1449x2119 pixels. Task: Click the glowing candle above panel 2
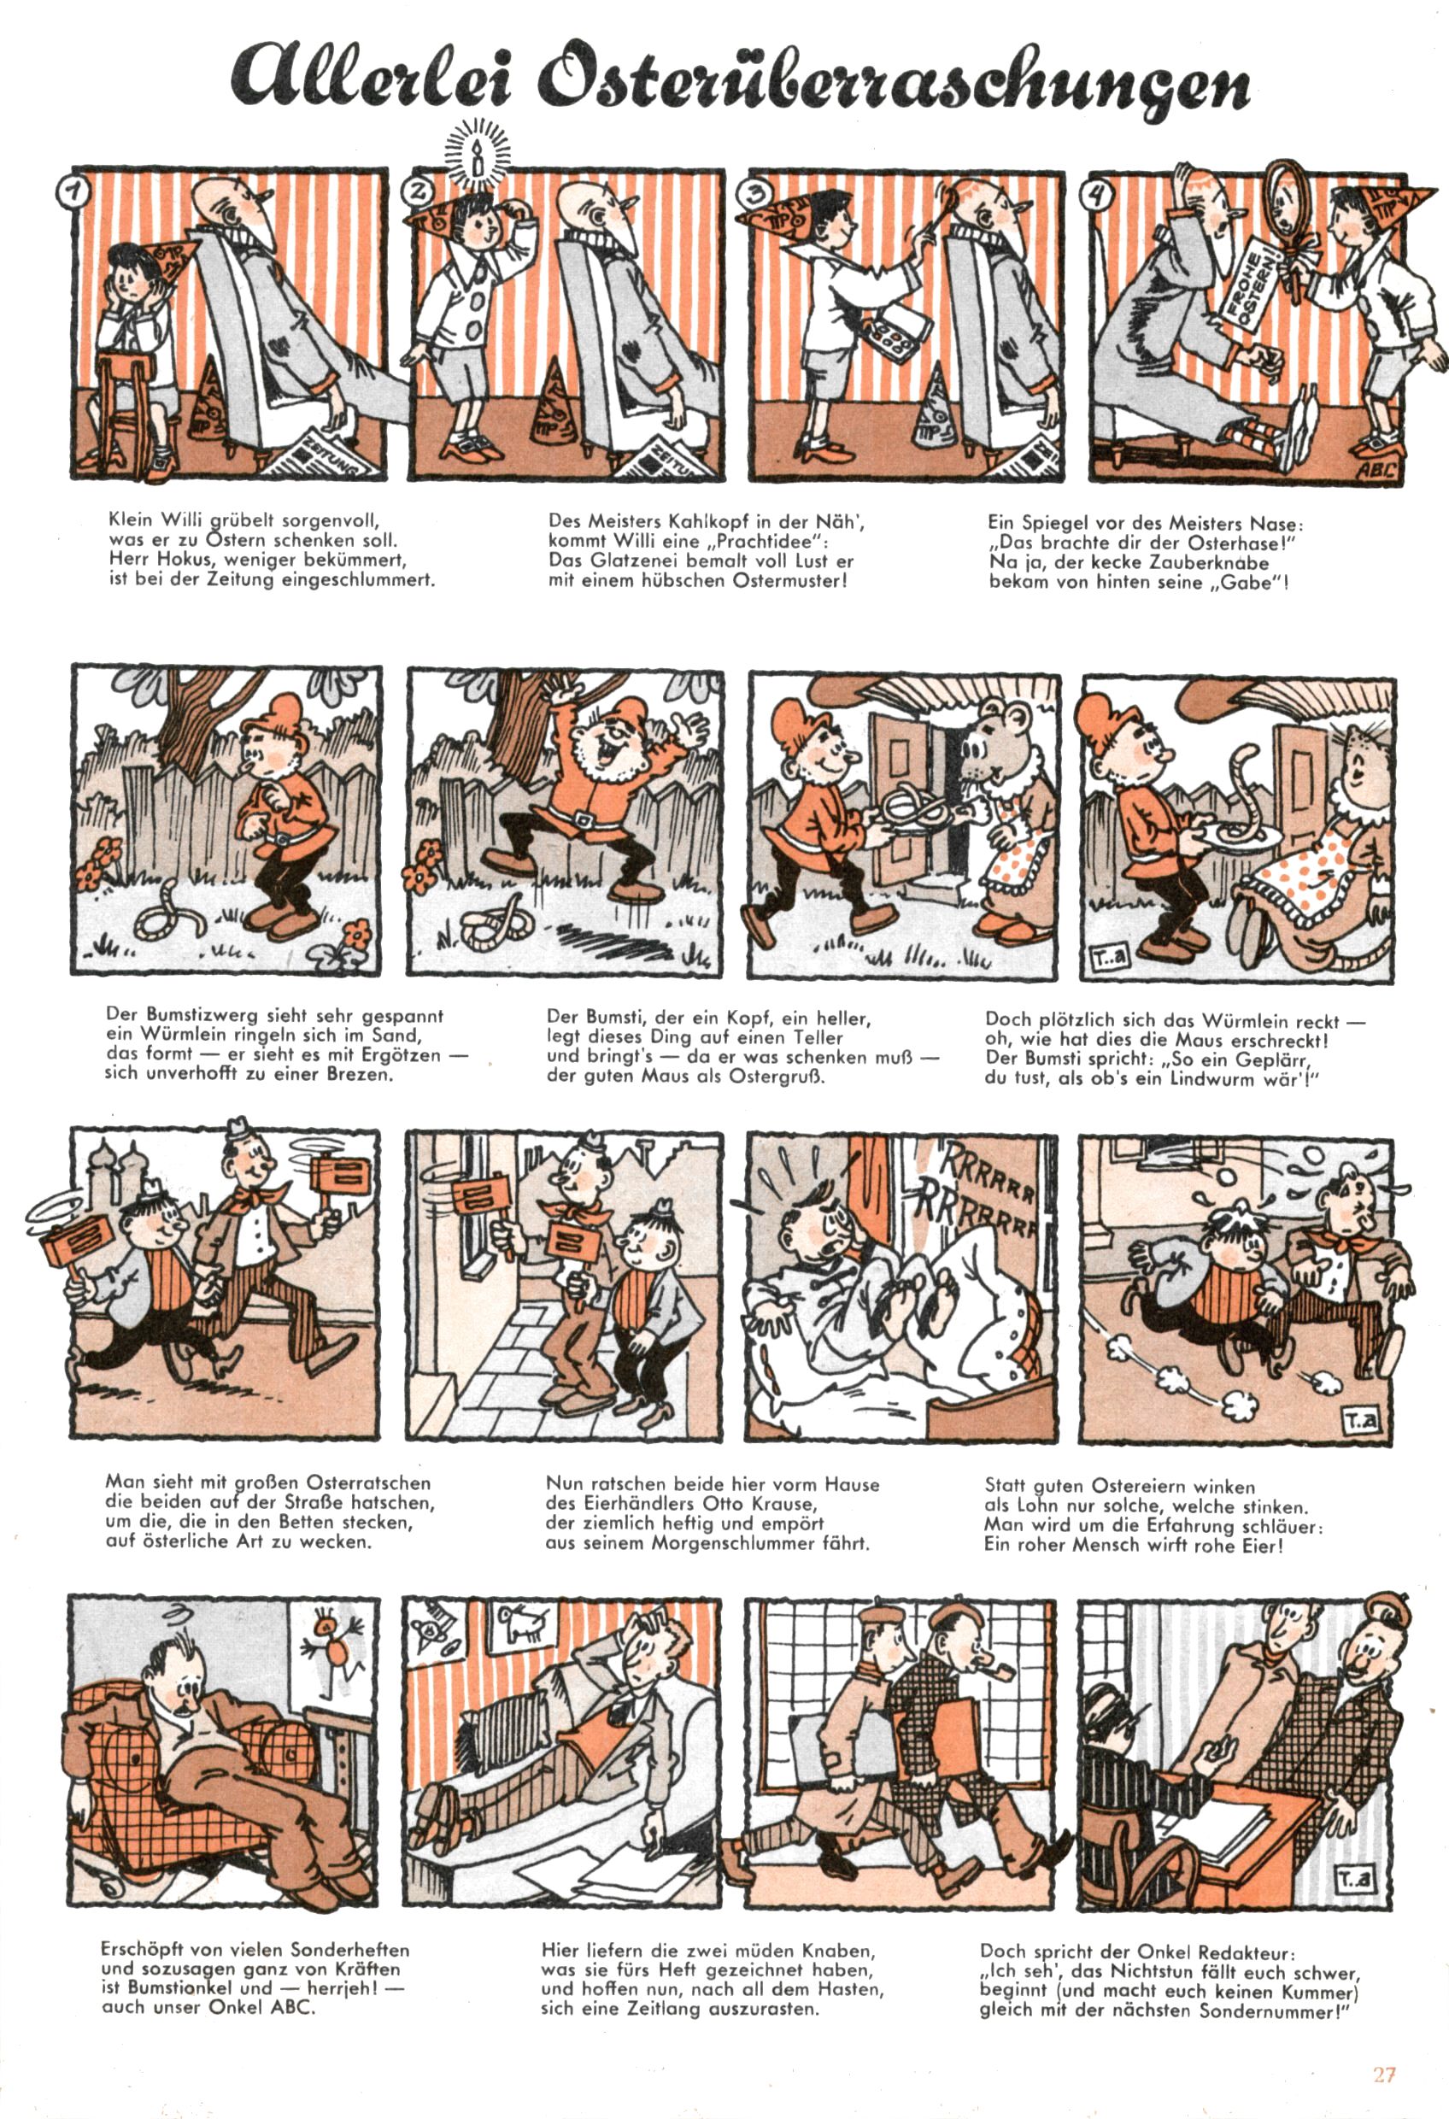pos(474,158)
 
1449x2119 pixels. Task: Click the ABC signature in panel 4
pos(1376,472)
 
